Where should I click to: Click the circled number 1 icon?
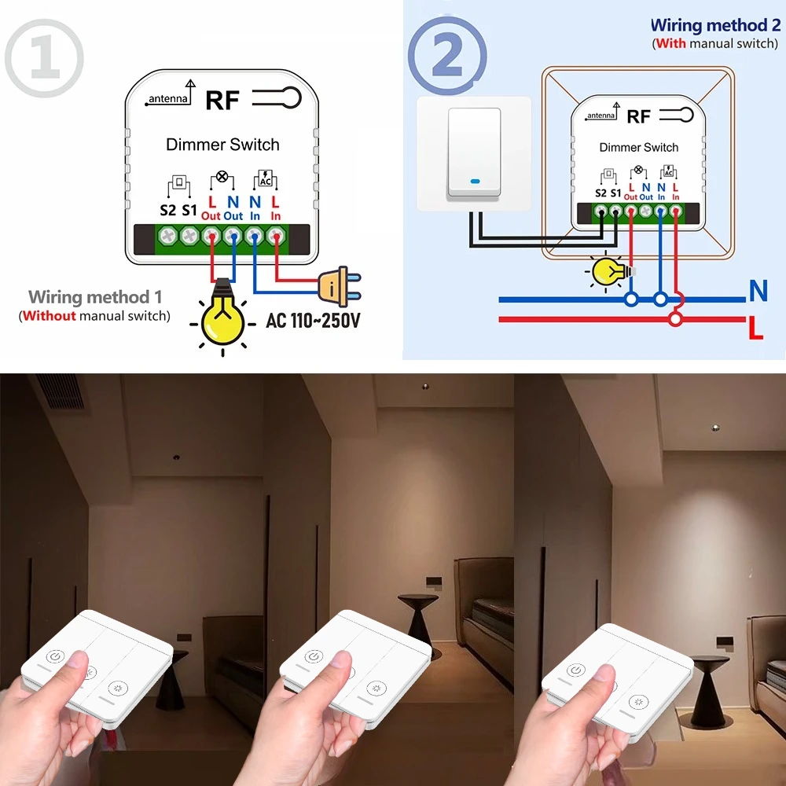[x=44, y=60]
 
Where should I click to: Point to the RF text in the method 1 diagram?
[x=222, y=101]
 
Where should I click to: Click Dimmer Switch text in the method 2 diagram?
[x=638, y=148]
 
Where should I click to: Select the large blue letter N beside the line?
[x=758, y=292]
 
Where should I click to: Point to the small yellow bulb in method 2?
[x=608, y=272]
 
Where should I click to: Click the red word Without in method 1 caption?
[x=50, y=316]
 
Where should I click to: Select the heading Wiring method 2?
[x=714, y=26]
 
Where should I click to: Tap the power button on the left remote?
[x=54, y=656]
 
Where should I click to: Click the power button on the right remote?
[x=576, y=670]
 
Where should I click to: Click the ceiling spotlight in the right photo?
[x=715, y=428]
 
